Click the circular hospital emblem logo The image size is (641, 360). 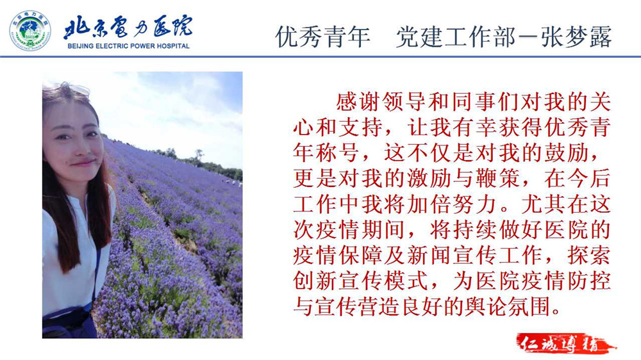click(30, 31)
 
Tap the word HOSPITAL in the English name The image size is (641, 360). click(172, 46)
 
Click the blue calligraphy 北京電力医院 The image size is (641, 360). click(128, 28)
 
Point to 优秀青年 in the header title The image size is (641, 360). click(323, 37)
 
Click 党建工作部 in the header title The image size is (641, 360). click(455, 37)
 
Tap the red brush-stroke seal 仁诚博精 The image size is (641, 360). click(566, 343)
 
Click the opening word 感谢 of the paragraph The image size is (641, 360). click(358, 102)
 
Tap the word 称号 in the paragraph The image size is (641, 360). click(338, 153)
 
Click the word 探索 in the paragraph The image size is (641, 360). click(588, 256)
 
